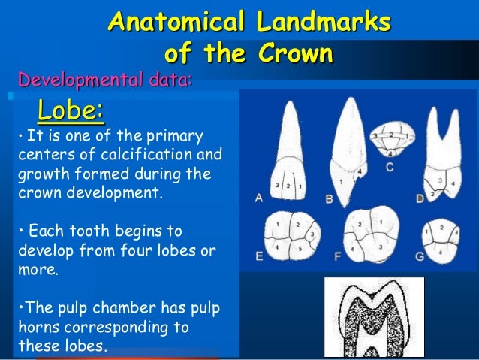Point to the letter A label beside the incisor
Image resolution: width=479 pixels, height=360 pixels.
click(x=258, y=198)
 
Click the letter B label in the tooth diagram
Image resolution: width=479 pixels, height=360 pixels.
click(x=329, y=199)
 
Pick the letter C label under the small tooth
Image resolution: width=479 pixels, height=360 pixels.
click(x=390, y=167)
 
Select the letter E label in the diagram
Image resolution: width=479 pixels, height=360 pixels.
click(x=258, y=256)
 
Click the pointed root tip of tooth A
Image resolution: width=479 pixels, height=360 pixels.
click(x=288, y=105)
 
